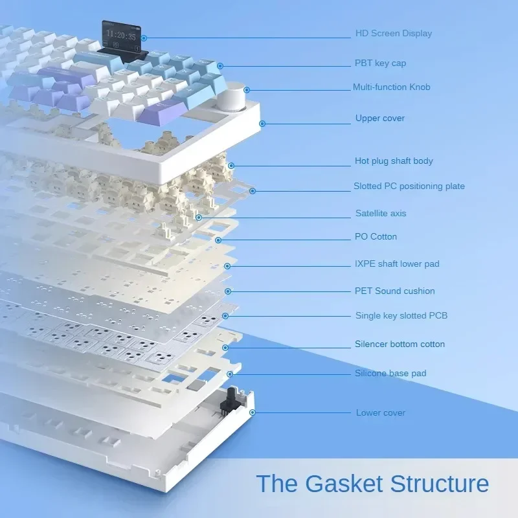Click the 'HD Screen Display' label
[x=394, y=34]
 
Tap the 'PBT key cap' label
[x=380, y=63]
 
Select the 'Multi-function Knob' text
[x=392, y=87]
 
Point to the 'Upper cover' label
[x=380, y=118]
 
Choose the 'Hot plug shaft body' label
[x=394, y=161]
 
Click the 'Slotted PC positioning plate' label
[x=409, y=186]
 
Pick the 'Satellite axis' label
[x=381, y=214]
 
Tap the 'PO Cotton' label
[x=376, y=236]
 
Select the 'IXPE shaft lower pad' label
[x=397, y=264]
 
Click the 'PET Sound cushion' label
[x=394, y=291]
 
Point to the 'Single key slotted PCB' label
[x=401, y=315]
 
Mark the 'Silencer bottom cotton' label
[x=400, y=344]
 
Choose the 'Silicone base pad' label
[x=390, y=374]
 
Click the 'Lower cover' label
[x=380, y=412]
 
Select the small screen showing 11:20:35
[x=121, y=36]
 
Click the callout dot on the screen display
[x=144, y=38]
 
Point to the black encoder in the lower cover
[x=228, y=401]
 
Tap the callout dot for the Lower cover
[x=253, y=412]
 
